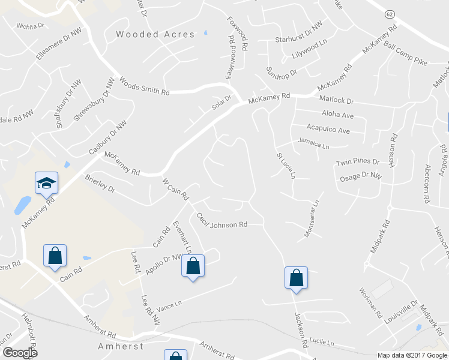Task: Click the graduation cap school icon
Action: coord(46,182)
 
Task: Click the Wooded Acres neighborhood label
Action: coord(155,35)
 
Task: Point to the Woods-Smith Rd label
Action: coord(145,86)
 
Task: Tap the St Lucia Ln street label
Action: coord(286,165)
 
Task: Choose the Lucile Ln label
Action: coord(322,341)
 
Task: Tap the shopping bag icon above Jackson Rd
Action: coord(296,278)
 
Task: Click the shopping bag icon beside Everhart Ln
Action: coord(193,266)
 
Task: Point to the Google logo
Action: coord(20,353)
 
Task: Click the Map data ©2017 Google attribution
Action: coord(412,355)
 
